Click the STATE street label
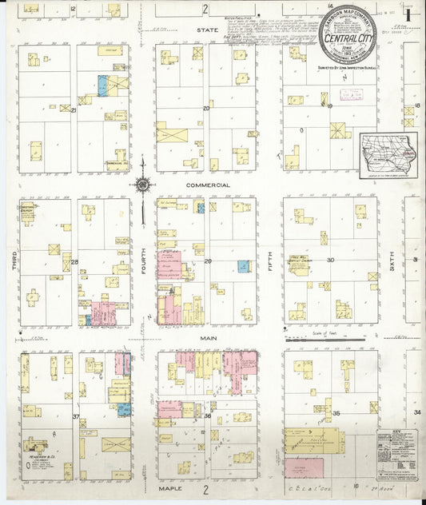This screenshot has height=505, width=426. (x=208, y=30)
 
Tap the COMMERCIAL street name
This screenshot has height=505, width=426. (x=208, y=185)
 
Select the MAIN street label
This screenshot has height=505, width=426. (x=208, y=339)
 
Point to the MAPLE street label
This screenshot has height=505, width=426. (x=169, y=487)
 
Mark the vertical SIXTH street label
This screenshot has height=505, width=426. (x=392, y=260)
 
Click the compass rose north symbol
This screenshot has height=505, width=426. (x=143, y=186)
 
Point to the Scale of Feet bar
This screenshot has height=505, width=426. (x=328, y=339)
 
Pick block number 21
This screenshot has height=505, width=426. (x=74, y=109)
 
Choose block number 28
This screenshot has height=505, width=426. (x=74, y=261)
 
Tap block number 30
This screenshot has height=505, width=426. (x=329, y=260)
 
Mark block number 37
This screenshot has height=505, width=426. (x=75, y=416)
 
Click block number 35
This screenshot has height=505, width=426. (x=337, y=412)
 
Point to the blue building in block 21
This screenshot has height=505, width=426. (x=102, y=83)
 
